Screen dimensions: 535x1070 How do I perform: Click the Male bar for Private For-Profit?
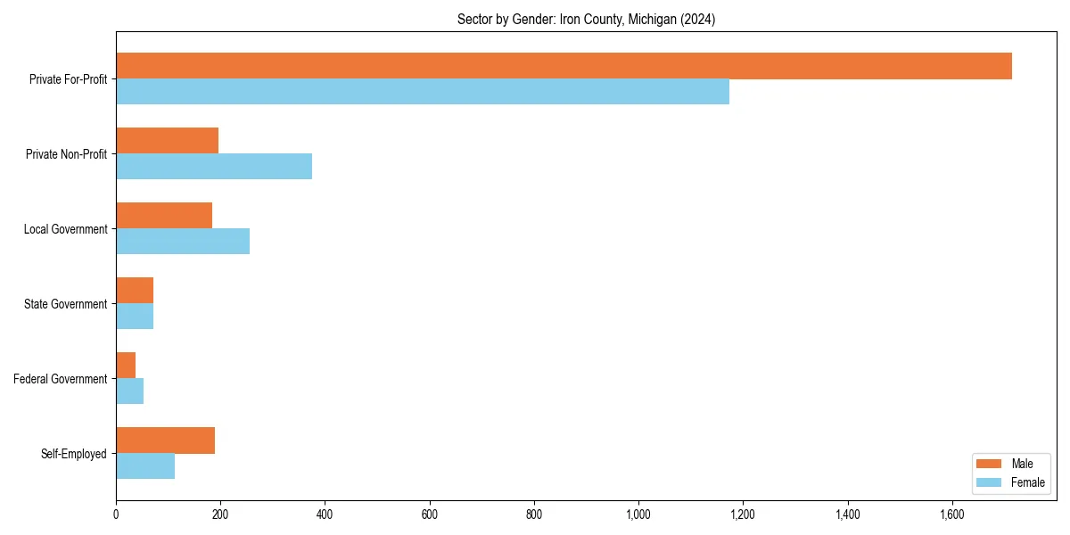click(564, 66)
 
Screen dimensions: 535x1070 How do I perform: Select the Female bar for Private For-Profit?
click(423, 92)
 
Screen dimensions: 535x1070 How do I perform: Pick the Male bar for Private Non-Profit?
click(167, 141)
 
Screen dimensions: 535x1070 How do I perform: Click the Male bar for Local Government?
click(164, 216)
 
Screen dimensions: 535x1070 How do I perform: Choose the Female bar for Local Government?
click(183, 242)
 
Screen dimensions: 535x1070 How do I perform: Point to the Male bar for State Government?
click(135, 291)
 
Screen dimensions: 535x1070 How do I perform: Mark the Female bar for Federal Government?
click(129, 391)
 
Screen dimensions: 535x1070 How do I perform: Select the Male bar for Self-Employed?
click(165, 440)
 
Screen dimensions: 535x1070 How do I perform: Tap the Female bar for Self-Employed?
click(145, 466)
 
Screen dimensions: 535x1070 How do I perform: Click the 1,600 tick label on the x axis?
click(952, 514)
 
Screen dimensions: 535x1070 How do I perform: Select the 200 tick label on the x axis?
click(220, 514)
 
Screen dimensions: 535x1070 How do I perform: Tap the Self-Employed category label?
click(74, 454)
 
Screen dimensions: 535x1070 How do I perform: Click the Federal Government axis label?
click(61, 379)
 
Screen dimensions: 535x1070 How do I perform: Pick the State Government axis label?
click(66, 304)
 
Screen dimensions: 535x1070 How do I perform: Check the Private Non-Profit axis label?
click(67, 154)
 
